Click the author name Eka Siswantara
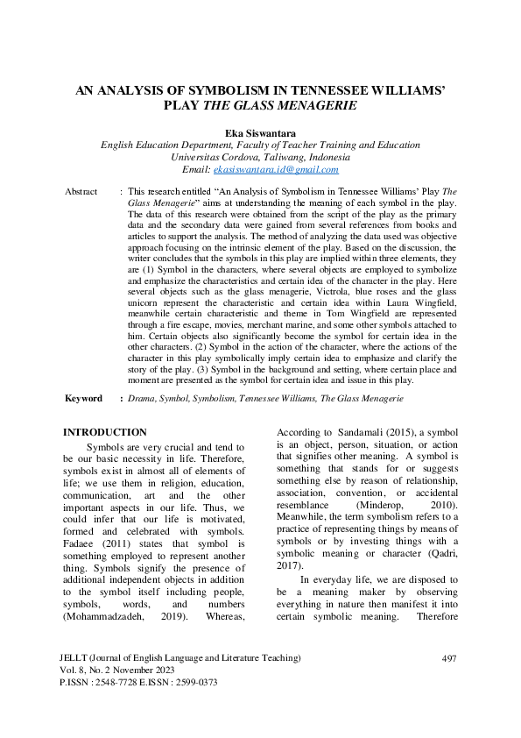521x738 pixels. (x=260, y=133)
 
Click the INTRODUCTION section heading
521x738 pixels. (x=106, y=432)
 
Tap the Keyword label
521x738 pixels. (x=84, y=398)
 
